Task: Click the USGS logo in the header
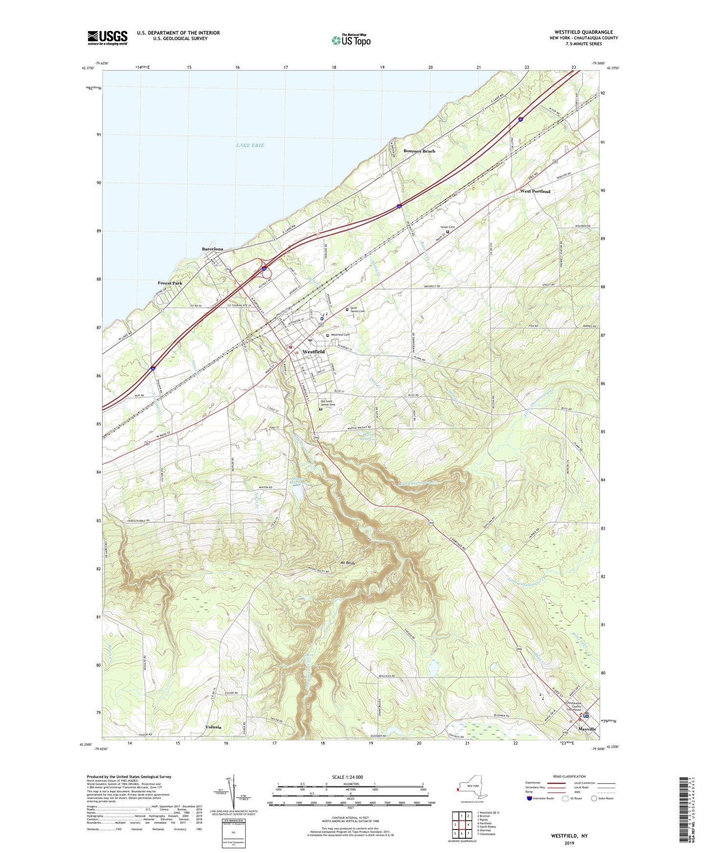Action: pyautogui.click(x=107, y=38)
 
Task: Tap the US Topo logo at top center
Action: pyautogui.click(x=351, y=40)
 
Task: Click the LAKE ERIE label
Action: pyautogui.click(x=250, y=145)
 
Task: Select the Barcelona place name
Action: pyautogui.click(x=213, y=249)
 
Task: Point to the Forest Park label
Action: pyautogui.click(x=170, y=283)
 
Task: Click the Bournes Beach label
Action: pyautogui.click(x=419, y=151)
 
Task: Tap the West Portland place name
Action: pyautogui.click(x=535, y=192)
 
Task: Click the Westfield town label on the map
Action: pyautogui.click(x=313, y=352)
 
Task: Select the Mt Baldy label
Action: pyautogui.click(x=347, y=563)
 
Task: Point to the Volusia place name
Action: pyautogui.click(x=213, y=727)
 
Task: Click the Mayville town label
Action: pyautogui.click(x=587, y=729)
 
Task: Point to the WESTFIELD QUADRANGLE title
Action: pyautogui.click(x=583, y=32)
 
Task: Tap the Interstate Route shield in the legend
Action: pyautogui.click(x=530, y=798)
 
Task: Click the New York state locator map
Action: pyautogui.click(x=471, y=788)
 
